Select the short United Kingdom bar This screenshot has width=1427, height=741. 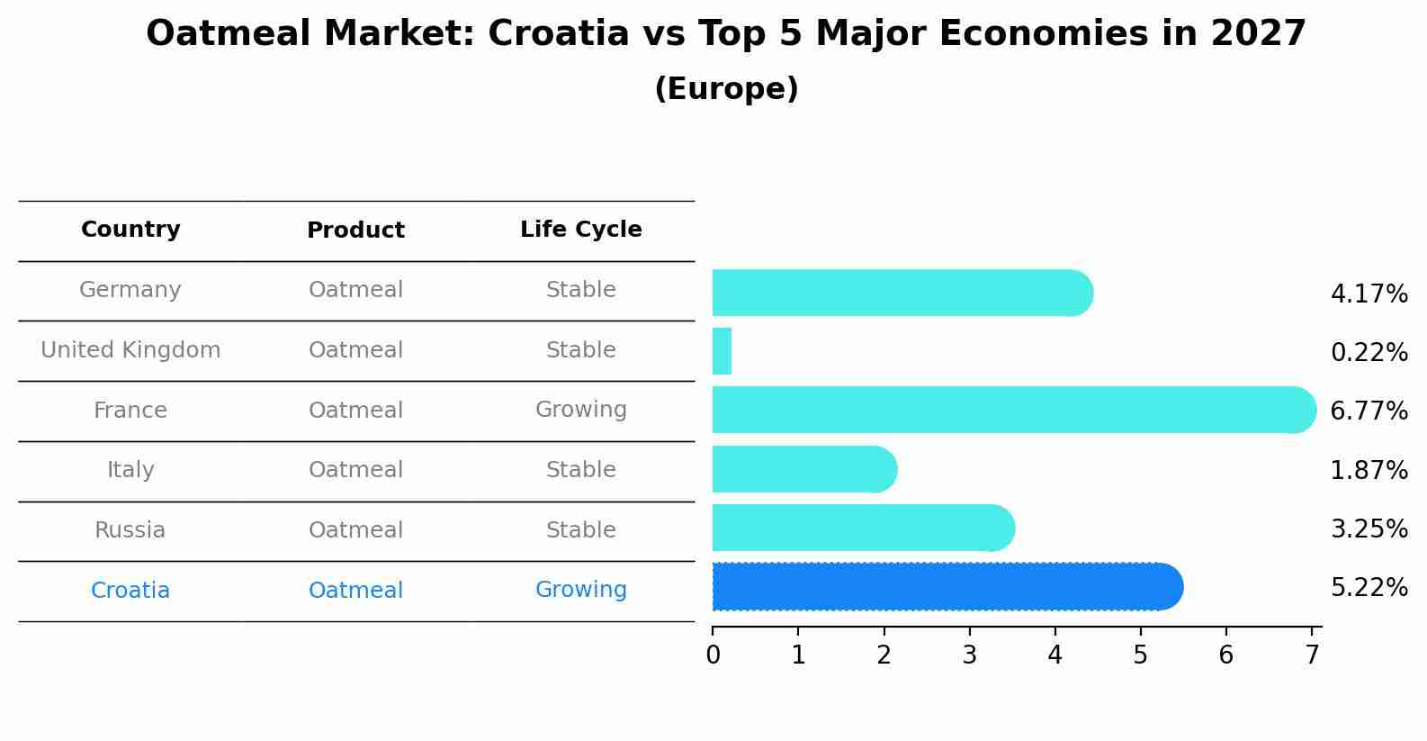pyautogui.click(x=722, y=351)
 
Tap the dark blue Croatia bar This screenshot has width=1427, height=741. pyautogui.click(x=945, y=587)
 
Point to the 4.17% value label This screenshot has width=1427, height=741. pyautogui.click(x=1369, y=294)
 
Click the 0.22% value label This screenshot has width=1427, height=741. pyautogui.click(x=1369, y=353)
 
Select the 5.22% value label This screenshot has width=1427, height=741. pyautogui.click(x=1369, y=588)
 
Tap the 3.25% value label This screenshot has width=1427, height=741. pyautogui.click(x=1369, y=529)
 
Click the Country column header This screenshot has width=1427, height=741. pyautogui.click(x=130, y=230)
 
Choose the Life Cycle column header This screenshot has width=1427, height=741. pyautogui.click(x=580, y=230)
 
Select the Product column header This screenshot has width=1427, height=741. pyautogui.click(x=355, y=230)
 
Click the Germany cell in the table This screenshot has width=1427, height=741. pyautogui.click(x=130, y=290)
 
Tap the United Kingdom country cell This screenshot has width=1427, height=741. pyautogui.click(x=130, y=350)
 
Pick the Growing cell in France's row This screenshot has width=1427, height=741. pyautogui.click(x=580, y=410)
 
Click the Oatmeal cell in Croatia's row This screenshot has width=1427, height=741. pyautogui.click(x=355, y=591)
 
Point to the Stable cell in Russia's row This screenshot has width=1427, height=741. pyautogui.click(x=580, y=530)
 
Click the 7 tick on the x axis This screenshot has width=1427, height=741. pyautogui.click(x=1312, y=655)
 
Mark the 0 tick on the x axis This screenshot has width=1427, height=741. pyautogui.click(x=713, y=655)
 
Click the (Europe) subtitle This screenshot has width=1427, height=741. pyautogui.click(x=726, y=89)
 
